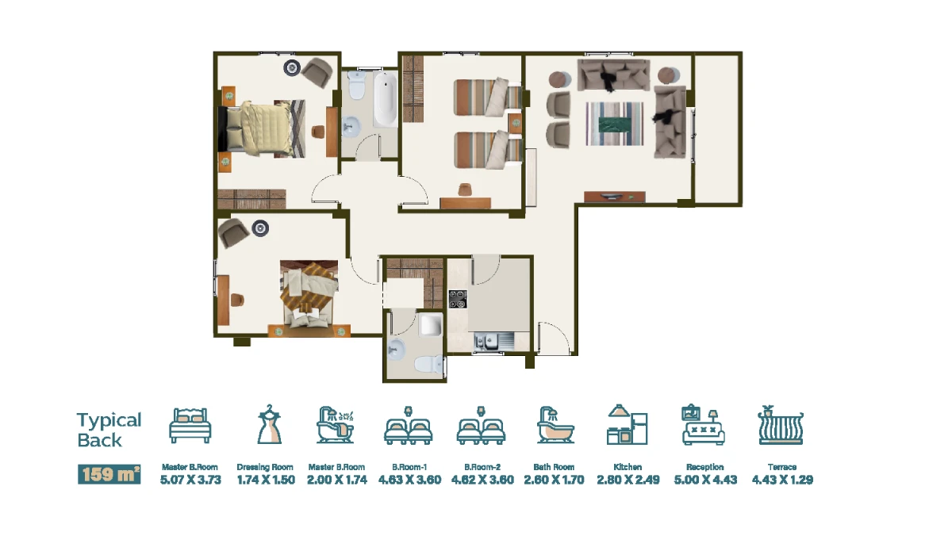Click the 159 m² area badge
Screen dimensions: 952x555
(109, 474)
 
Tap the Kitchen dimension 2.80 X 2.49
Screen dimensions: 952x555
(628, 480)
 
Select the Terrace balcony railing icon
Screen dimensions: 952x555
(781, 425)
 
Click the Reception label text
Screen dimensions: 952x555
(705, 467)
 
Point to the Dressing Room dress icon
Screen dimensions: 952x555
(270, 424)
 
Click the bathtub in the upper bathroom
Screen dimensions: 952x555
(385, 99)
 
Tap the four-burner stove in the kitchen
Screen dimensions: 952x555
(458, 299)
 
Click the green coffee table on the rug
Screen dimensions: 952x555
(615, 124)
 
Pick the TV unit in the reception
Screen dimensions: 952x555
(615, 197)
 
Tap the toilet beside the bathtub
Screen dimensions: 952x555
(356, 85)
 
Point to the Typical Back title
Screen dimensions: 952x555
(109, 430)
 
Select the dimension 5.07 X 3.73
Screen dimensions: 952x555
(190, 480)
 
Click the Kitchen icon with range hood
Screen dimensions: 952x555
(627, 424)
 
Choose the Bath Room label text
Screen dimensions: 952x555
(554, 467)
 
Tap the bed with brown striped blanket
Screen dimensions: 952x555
(309, 294)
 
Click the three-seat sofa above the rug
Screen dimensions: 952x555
(613, 75)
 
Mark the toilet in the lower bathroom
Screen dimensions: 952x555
(428, 364)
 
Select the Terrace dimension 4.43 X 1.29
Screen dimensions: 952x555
(782, 480)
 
